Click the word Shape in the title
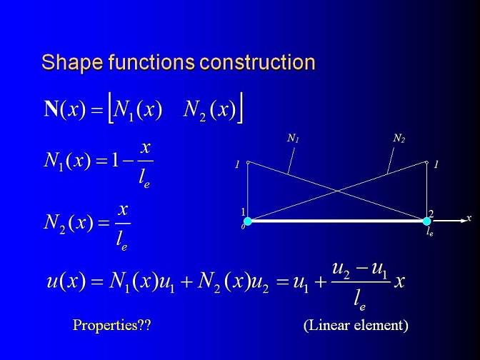[x=72, y=63]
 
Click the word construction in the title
[x=257, y=62]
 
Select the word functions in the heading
[x=151, y=62]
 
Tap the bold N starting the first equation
[x=51, y=109]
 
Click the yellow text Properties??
[x=111, y=325]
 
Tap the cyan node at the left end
[x=248, y=221]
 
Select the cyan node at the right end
[x=426, y=221]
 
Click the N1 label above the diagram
[x=293, y=139]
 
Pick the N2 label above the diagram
[x=399, y=139]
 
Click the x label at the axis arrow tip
[x=469, y=218]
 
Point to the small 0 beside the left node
[x=243, y=227]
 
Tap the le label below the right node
[x=430, y=232]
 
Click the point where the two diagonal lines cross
[x=337, y=191]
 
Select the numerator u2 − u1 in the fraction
[x=360, y=269]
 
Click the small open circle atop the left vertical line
[x=248, y=162]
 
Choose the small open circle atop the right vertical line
[x=426, y=162]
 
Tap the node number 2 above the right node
[x=431, y=214]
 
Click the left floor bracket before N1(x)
[x=111, y=109]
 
